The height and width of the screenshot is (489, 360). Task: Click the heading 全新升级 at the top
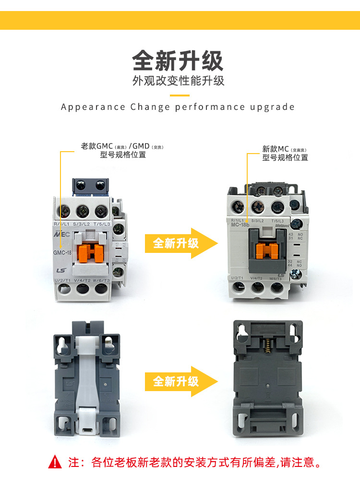pyautogui.click(x=178, y=61)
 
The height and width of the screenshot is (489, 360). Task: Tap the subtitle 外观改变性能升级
pyautogui.click(x=178, y=81)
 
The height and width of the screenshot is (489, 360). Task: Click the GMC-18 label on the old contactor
pyautogui.click(x=62, y=246)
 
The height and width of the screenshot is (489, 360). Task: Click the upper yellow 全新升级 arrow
pyautogui.click(x=180, y=243)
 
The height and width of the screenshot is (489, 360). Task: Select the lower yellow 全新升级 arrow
pyautogui.click(x=180, y=381)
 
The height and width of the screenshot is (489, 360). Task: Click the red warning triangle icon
pyautogui.click(x=56, y=462)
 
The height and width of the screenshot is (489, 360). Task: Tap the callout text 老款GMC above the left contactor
pyautogui.click(x=96, y=146)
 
